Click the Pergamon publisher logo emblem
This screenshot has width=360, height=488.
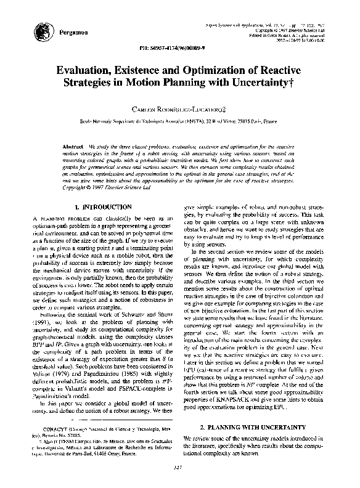(43, 29)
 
